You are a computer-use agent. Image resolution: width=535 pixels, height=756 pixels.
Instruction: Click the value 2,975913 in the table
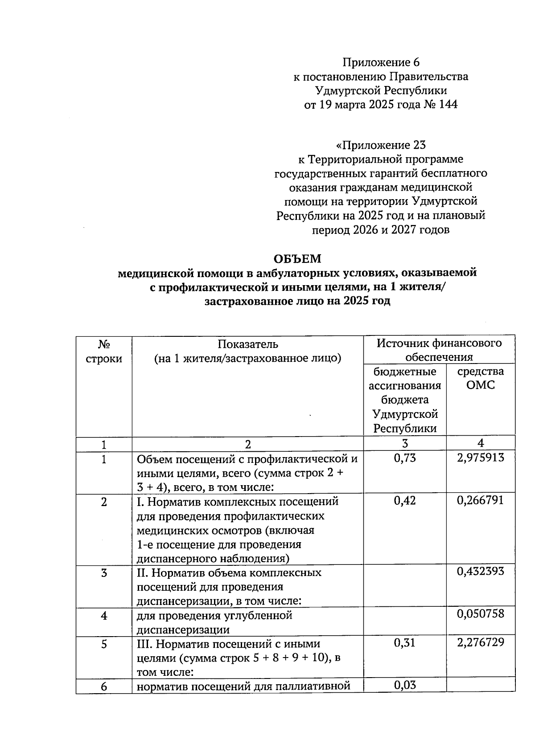481,458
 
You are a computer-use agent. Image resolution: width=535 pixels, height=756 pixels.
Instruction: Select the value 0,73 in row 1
405,458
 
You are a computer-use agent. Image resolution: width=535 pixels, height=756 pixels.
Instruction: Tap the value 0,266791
481,501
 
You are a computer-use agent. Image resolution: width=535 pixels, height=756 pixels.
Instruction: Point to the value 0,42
405,501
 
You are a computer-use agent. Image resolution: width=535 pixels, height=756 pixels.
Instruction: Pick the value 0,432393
481,571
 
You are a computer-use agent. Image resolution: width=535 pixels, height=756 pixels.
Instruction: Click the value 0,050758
481,614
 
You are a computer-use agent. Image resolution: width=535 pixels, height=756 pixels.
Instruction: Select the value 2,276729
481,642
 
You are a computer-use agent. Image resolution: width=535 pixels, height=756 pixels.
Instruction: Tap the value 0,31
405,642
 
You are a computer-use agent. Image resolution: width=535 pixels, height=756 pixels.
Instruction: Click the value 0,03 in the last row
405,685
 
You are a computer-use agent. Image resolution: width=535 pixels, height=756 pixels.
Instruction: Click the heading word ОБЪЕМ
297,259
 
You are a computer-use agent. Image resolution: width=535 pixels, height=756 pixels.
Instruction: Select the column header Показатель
248,344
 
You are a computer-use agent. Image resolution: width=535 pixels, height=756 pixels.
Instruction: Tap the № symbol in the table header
104,344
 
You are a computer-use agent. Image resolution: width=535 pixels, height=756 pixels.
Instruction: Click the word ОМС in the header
481,385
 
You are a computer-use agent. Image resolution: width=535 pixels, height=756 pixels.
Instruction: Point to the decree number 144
448,105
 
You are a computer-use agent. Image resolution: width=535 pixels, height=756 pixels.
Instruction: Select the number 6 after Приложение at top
416,62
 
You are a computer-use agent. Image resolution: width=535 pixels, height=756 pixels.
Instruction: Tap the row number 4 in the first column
104,616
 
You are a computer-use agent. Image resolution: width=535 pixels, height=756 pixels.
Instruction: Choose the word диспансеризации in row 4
183,630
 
